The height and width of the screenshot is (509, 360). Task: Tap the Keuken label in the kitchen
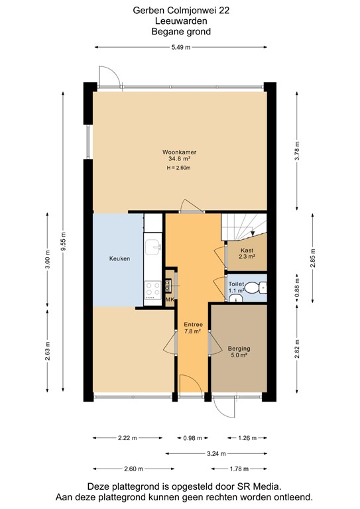pyautogui.click(x=120, y=258)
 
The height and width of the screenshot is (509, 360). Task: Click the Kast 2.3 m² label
pyautogui.click(x=247, y=253)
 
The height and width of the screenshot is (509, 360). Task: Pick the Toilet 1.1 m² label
pyautogui.click(x=237, y=287)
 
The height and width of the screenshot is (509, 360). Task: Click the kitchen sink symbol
pyautogui.click(x=155, y=247)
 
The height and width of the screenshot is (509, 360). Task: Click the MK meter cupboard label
pyautogui.click(x=169, y=301)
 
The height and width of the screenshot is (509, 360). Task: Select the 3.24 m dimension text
pyautogui.click(x=217, y=453)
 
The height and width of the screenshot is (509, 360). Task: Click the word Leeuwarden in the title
pyautogui.click(x=180, y=21)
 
